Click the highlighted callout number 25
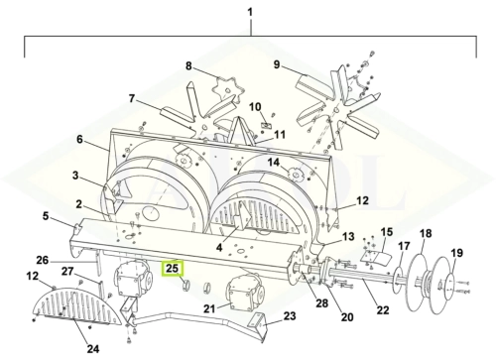(172, 269)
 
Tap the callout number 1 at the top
(250, 12)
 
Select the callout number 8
(188, 66)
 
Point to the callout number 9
(277, 64)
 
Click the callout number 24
(93, 349)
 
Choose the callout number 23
(290, 316)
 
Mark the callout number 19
(457, 253)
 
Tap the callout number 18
(426, 233)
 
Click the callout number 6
(79, 139)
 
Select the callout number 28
(321, 302)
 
